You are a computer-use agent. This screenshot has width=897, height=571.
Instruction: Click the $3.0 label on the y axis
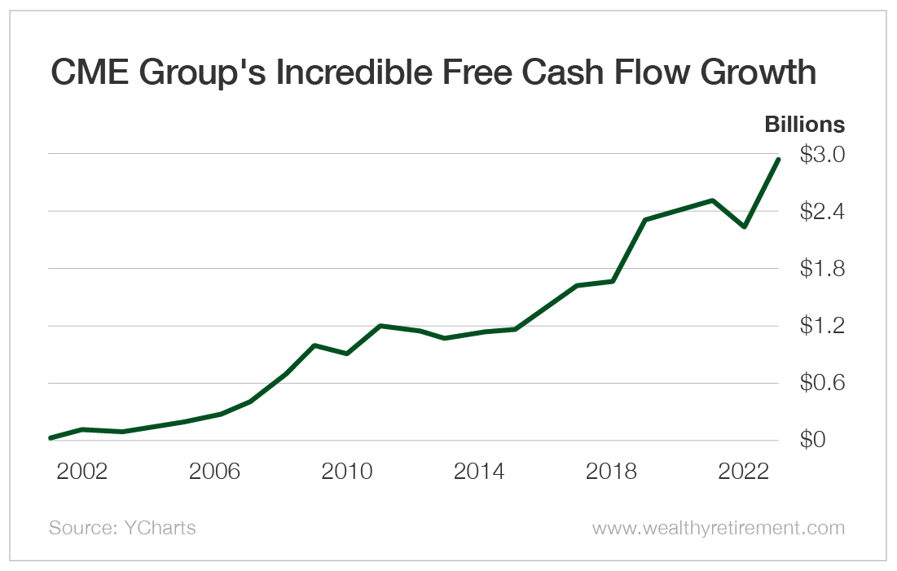(x=822, y=154)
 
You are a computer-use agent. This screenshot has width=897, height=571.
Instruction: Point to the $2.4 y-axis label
(x=822, y=211)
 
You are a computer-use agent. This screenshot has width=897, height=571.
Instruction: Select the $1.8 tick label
(x=822, y=269)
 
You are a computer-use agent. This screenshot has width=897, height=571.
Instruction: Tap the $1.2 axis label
(x=822, y=326)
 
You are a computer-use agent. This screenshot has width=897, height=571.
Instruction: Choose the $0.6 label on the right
(x=822, y=383)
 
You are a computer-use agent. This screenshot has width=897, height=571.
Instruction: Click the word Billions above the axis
(x=804, y=125)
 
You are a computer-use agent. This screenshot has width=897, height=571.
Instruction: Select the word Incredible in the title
(x=372, y=73)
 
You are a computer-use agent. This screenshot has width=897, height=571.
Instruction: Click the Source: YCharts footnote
(x=122, y=528)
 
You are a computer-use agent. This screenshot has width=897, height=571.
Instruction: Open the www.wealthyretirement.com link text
(x=719, y=528)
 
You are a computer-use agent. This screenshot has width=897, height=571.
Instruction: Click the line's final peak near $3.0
(x=778, y=160)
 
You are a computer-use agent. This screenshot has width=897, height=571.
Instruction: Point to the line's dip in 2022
(x=744, y=226)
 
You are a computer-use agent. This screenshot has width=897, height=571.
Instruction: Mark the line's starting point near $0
(x=51, y=438)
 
